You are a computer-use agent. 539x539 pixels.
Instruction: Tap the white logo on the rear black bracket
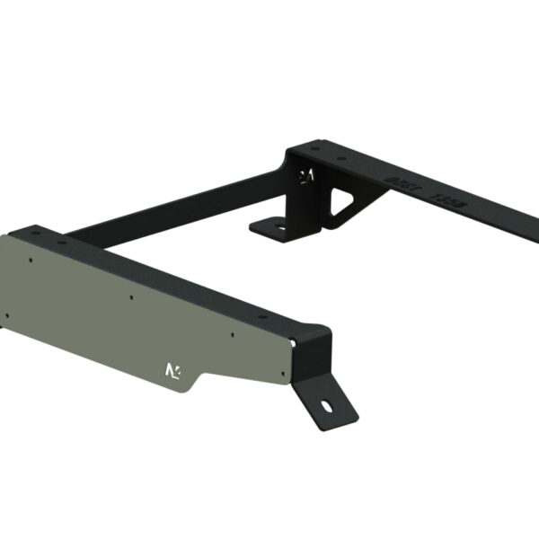pos(306,175)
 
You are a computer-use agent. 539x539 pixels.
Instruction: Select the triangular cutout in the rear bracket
pos(345,202)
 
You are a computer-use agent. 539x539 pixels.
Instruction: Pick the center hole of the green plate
pos(132,297)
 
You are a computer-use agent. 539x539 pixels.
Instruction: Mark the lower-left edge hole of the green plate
pos(8,314)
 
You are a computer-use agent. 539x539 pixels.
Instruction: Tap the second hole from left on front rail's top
pos(62,241)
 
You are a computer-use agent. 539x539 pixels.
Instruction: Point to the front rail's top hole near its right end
pos(262,315)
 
